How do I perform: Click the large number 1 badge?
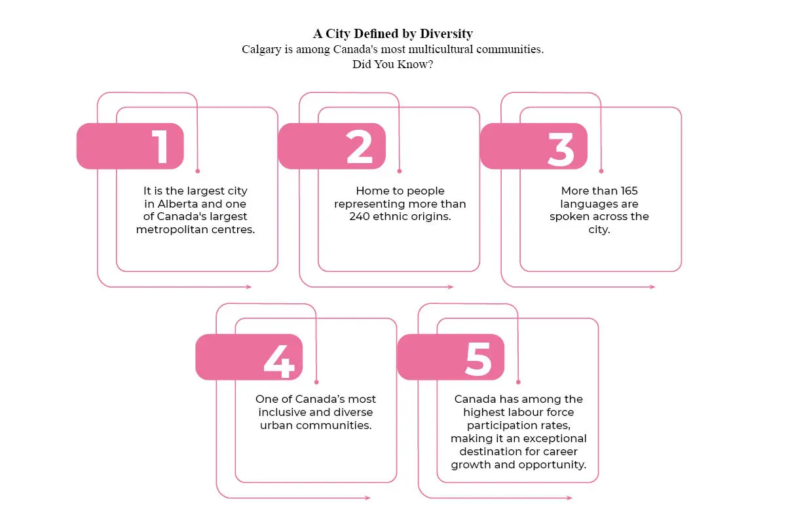click(130, 146)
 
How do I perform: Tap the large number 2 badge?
click(332, 146)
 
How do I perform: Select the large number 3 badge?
click(534, 146)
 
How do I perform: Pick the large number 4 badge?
click(249, 357)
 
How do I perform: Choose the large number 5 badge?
click(451, 357)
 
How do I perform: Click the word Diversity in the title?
click(446, 33)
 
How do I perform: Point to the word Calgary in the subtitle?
click(261, 50)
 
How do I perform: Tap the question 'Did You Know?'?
click(392, 64)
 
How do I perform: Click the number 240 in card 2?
click(360, 217)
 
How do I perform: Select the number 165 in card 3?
click(629, 191)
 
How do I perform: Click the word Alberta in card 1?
click(178, 204)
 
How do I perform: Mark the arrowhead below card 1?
click(249, 287)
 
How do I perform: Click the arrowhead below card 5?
click(569, 498)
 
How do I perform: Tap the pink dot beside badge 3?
click(601, 171)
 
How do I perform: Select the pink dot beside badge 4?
click(316, 383)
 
